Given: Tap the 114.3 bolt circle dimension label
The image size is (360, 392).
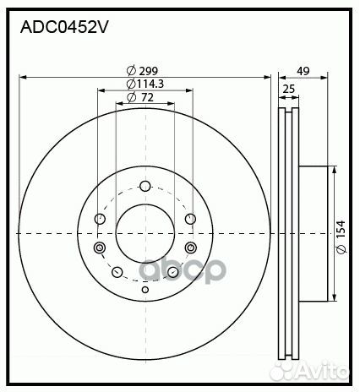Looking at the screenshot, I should click(x=144, y=84).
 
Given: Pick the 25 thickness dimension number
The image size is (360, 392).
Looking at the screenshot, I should click(x=287, y=89).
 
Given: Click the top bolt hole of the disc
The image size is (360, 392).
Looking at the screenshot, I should click(x=145, y=187).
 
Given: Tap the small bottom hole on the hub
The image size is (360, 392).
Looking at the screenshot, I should click(x=145, y=291).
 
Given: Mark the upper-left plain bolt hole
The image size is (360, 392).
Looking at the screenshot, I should click(x=101, y=220).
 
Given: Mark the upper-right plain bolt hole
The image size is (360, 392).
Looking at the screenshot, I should click(x=188, y=220).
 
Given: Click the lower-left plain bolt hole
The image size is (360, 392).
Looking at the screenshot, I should click(x=117, y=272).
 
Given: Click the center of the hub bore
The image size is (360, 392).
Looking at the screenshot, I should click(x=145, y=232).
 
